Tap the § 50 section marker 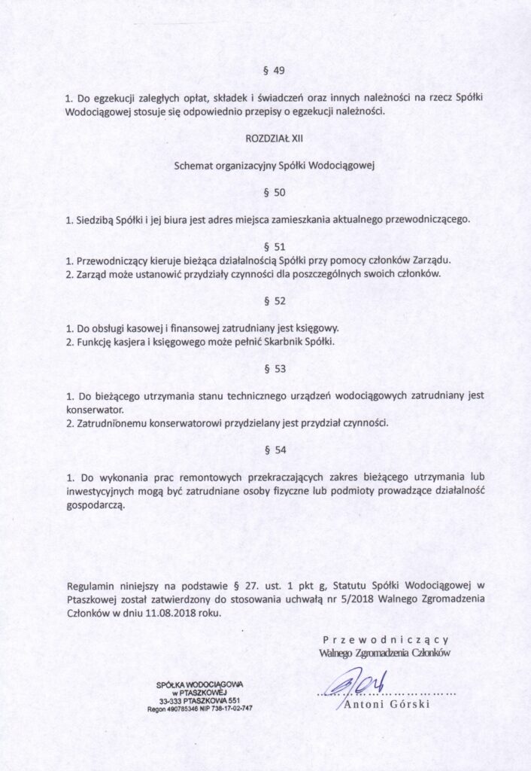275,193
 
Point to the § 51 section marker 275,246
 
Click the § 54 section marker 275,449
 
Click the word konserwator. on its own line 95,409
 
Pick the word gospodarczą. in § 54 96,505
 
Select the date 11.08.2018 162,612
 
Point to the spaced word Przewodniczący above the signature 385,639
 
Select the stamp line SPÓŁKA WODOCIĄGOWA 199,684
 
